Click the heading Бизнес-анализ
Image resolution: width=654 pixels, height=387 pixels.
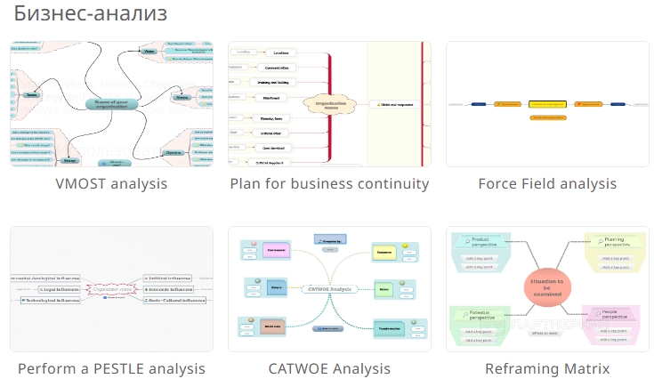point(90,15)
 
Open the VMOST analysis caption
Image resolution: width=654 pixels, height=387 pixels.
point(111,184)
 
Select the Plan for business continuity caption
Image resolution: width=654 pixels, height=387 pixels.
point(329,184)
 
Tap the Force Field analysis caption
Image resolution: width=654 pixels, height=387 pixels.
point(547,184)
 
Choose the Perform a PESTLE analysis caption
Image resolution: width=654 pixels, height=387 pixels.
point(111,368)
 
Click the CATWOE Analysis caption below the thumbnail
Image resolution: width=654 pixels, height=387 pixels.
point(329,368)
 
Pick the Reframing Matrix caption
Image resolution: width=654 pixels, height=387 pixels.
point(547,368)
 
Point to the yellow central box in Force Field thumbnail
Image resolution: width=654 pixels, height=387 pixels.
point(548,104)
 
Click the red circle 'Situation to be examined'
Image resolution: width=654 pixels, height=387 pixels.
point(547,286)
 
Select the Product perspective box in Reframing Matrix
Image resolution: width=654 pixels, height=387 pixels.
point(486,242)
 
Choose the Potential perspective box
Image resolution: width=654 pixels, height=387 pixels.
point(486,313)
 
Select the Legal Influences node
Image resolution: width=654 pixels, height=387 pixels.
point(61,289)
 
